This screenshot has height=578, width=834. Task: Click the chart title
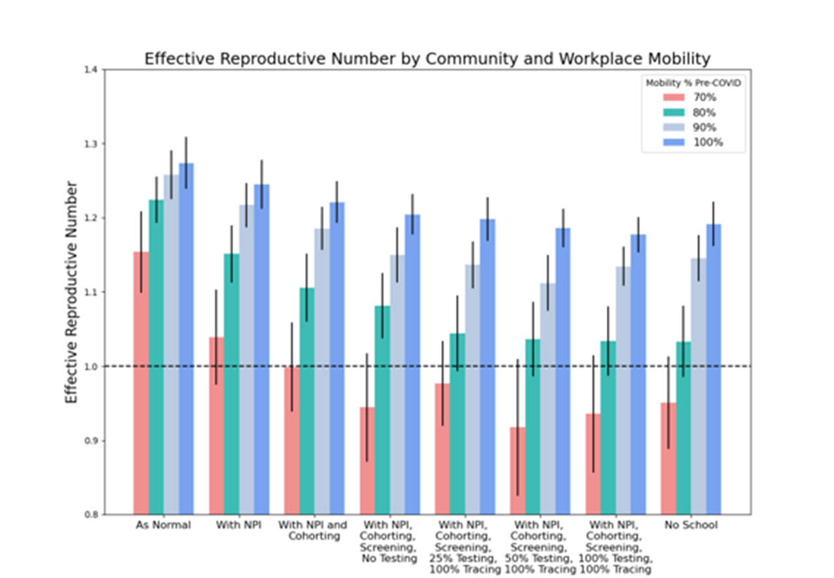click(427, 59)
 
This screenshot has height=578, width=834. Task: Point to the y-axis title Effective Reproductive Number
click(72, 291)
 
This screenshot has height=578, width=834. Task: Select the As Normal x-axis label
click(163, 525)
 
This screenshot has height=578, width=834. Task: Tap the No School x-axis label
click(691, 525)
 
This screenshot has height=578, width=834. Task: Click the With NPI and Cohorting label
click(314, 530)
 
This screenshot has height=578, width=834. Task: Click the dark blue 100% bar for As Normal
click(186, 339)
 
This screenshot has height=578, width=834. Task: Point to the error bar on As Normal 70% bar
click(141, 252)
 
